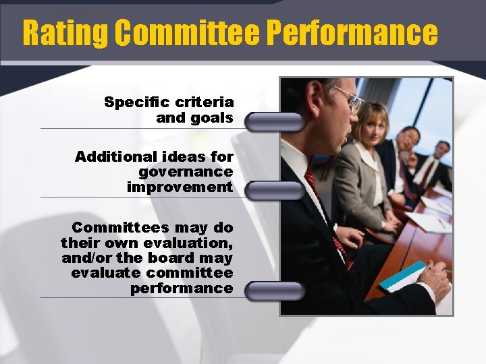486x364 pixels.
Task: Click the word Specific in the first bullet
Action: point(136,102)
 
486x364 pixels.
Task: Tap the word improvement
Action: point(180,187)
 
